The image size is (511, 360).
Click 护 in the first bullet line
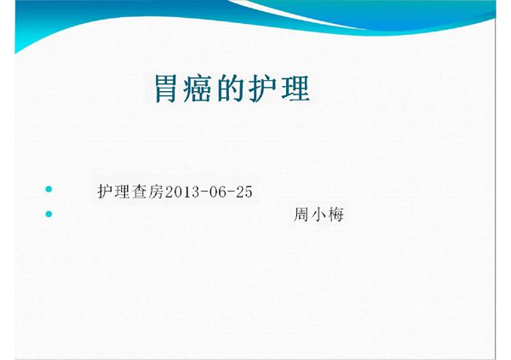[x=106, y=191]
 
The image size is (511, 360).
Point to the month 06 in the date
[x=216, y=191]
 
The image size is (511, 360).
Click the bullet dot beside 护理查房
[x=49, y=188]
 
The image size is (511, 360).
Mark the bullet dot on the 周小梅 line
[x=49, y=213]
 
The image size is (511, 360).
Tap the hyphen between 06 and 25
[x=231, y=192]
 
